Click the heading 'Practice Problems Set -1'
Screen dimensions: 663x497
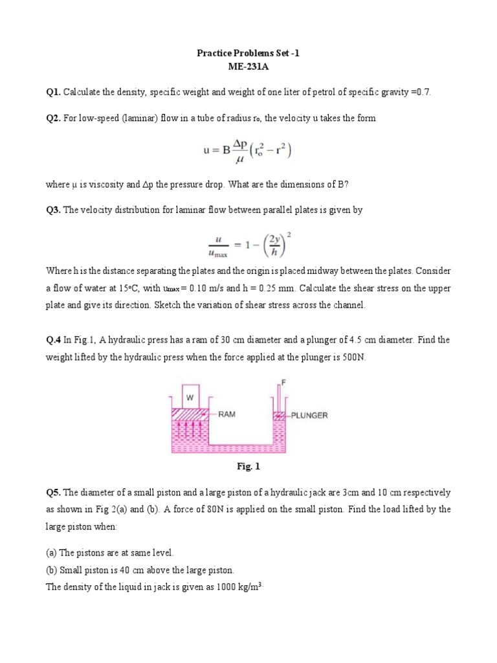click(248, 54)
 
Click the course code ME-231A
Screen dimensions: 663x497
click(248, 66)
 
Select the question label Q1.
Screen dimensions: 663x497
click(53, 93)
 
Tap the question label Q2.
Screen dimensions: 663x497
click(53, 118)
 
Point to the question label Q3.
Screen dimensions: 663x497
click(53, 210)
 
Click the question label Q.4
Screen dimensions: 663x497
click(54, 339)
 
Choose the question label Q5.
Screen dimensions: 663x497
click(53, 493)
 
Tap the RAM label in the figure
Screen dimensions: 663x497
click(226, 414)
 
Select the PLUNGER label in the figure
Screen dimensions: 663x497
click(309, 414)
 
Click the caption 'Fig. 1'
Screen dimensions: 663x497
click(248, 466)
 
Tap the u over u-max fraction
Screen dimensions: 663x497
click(215, 245)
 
